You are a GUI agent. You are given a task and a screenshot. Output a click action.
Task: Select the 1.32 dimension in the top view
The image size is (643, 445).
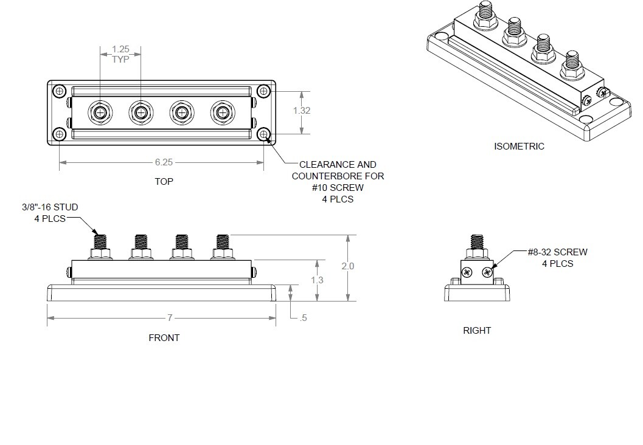(x=302, y=111)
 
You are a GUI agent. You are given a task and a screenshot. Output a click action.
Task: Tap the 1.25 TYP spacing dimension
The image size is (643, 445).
(x=121, y=54)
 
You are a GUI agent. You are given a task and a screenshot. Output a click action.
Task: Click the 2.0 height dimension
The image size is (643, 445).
(x=347, y=266)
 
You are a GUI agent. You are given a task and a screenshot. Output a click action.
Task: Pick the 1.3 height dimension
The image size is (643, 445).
(x=317, y=280)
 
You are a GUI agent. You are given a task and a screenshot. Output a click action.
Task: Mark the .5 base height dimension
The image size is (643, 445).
(x=303, y=317)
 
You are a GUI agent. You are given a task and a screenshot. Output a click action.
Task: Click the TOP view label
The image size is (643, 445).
(x=164, y=181)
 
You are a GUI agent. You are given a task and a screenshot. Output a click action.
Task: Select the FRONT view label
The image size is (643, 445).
(x=164, y=337)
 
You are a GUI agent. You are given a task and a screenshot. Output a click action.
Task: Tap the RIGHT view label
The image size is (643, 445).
(x=477, y=331)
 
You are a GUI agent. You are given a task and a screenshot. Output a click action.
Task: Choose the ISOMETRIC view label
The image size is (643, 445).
(x=520, y=146)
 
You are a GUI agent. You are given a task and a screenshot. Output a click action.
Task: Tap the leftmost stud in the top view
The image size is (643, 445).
(x=100, y=112)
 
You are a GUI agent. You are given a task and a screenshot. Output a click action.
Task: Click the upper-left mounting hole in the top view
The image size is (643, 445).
(x=59, y=92)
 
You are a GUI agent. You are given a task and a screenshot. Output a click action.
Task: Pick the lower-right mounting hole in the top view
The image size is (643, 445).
(x=263, y=134)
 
